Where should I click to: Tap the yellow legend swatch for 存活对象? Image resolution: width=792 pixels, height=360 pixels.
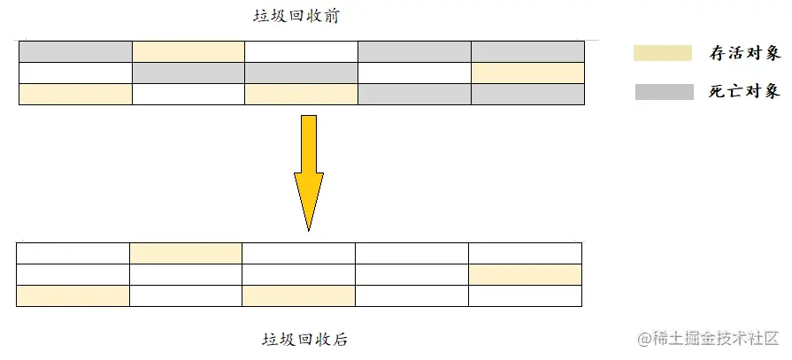pyautogui.click(x=662, y=53)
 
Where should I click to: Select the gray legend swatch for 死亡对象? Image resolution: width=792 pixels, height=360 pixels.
pyautogui.click(x=664, y=90)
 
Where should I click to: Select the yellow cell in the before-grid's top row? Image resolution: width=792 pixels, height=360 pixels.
pyautogui.click(x=188, y=51)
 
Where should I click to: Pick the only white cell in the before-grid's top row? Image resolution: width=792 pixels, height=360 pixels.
pyautogui.click(x=301, y=51)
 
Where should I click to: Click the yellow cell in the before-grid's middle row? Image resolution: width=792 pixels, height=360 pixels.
pyautogui.click(x=527, y=73)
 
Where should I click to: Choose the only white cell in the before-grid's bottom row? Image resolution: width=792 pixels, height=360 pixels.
pyautogui.click(x=188, y=94)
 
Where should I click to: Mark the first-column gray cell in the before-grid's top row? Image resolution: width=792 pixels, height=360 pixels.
pyautogui.click(x=75, y=51)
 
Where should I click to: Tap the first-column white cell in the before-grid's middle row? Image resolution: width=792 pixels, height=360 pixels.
pyautogui.click(x=75, y=73)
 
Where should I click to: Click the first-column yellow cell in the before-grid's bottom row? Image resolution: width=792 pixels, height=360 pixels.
pyautogui.click(x=75, y=94)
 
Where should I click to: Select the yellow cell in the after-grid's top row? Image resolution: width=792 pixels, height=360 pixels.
pyautogui.click(x=186, y=253)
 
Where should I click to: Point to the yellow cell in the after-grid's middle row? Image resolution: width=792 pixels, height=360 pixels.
pyautogui.click(x=525, y=274)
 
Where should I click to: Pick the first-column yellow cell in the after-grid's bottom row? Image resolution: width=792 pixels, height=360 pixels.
pyautogui.click(x=73, y=295)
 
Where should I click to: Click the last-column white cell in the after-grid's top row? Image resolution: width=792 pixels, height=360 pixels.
pyautogui.click(x=525, y=253)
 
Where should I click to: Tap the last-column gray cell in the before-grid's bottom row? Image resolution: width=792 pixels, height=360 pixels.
pyautogui.click(x=527, y=94)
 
